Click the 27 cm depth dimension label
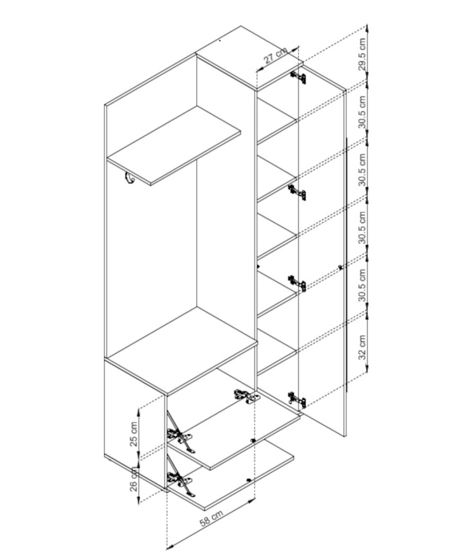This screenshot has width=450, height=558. pos(275,57)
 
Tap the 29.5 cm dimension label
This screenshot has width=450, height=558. pos(362,54)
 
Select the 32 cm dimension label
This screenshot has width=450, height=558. pos(362,347)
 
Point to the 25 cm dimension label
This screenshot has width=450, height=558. pos(133,434)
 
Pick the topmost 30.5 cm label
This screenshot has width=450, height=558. pos(362,111)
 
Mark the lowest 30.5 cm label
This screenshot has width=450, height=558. pos(362,285)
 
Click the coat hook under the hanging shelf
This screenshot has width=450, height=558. pos(129,179)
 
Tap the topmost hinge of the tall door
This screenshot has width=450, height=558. pos(298,76)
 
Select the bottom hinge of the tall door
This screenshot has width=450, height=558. pos(297,399)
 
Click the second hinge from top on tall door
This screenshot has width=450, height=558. pos(297,193)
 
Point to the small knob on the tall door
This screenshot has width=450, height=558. pos(341,266)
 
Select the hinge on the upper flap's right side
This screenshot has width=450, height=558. pos(246,396)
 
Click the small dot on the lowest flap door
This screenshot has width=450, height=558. pos(248,480)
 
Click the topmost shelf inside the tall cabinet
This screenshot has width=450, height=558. pos(277,121)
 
